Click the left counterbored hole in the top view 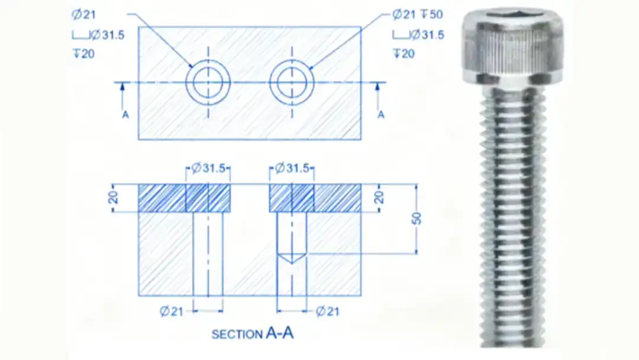point(208,82)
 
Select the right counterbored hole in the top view point(291,82)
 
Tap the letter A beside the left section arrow point(125,114)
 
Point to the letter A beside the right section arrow point(380,114)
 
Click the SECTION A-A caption point(253,334)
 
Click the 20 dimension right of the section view point(379,197)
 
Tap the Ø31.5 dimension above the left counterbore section point(208,168)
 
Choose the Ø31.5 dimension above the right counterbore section point(292,168)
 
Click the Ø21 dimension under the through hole point(172,311)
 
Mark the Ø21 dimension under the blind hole point(327,311)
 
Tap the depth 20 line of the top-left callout point(84,54)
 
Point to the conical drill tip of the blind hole point(292,258)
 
